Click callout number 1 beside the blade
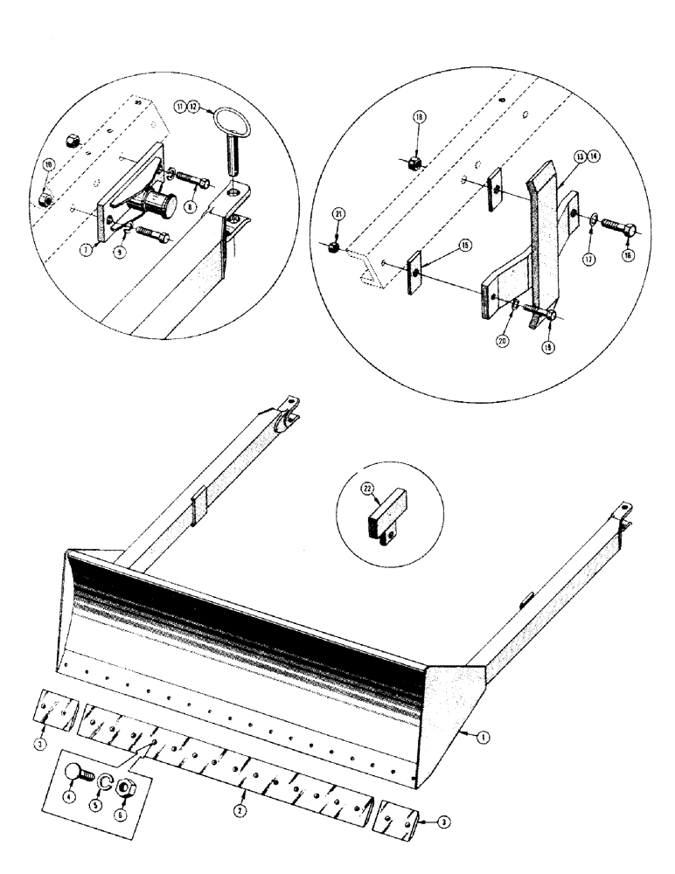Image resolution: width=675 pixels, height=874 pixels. point(483,737)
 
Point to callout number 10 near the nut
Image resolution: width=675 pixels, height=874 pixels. point(48,164)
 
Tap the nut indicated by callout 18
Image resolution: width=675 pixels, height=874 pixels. point(416,162)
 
